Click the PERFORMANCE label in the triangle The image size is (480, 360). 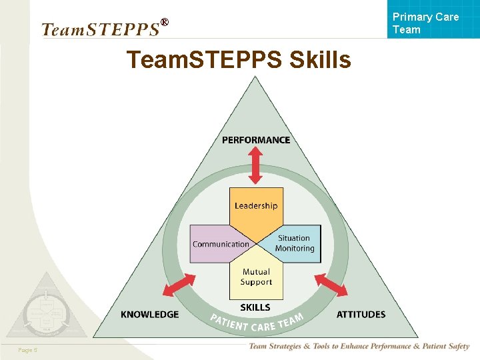coord(256,140)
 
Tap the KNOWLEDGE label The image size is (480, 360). coord(149,314)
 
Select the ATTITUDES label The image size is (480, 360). coord(361,314)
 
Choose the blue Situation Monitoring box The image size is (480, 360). coord(295,243)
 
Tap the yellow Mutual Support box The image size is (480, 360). coord(256,278)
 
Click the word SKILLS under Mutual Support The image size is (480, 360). coord(255,307)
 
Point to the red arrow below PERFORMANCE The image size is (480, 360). coord(256,165)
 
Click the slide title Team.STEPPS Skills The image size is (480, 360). coord(239,60)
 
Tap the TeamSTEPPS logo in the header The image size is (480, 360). coord(100,29)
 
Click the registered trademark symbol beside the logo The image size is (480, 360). coord(165,23)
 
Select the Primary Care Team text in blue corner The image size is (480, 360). coord(425,23)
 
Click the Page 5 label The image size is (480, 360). coord(28,350)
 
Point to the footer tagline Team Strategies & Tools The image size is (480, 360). coord(359,347)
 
